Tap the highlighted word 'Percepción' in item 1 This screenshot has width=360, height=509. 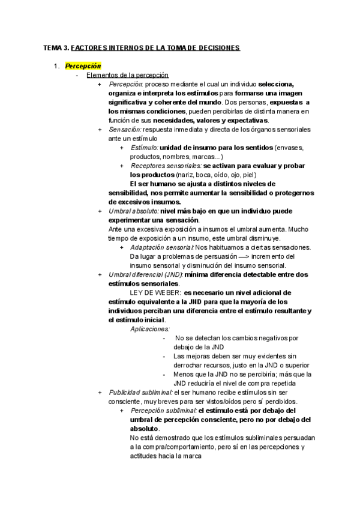83,65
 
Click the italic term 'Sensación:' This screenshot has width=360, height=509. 125,129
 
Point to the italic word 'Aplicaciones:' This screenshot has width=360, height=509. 150,328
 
